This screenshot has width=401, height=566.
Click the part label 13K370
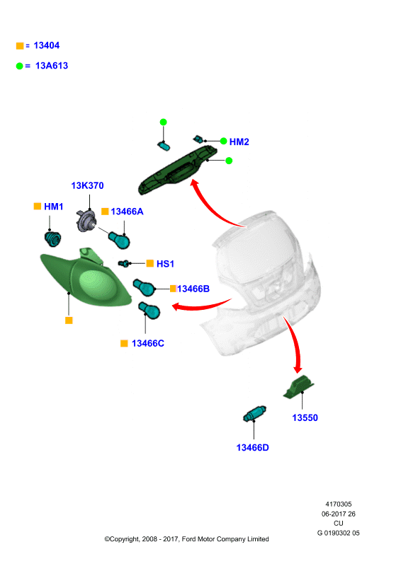tap(87, 185)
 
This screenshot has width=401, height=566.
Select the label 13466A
tap(127, 212)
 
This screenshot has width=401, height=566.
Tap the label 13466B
tap(193, 289)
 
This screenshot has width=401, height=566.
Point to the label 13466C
tap(147, 343)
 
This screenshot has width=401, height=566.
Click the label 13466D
tap(252, 448)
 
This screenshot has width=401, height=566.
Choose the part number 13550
tap(305, 417)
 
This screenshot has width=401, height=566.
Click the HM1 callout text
tap(54, 207)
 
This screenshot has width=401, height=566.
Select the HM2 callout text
tap(239, 142)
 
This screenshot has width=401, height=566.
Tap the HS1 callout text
tap(165, 264)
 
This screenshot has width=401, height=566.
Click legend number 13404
tap(46, 45)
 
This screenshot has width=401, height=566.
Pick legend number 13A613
tap(51, 66)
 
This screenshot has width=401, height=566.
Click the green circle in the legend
tap(20, 66)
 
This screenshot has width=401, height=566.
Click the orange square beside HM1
tap(38, 206)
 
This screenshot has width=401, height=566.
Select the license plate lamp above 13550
tap(298, 387)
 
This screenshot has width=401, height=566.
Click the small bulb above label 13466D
tap(254, 414)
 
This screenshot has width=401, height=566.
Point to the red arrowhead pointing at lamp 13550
tap(298, 369)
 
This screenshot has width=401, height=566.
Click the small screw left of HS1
tap(124, 263)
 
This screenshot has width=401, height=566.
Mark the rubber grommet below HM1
tap(52, 238)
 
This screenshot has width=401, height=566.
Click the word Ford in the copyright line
tap(188, 539)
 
